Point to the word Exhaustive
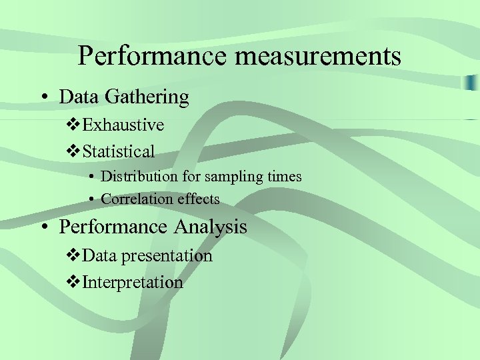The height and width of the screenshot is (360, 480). (124, 125)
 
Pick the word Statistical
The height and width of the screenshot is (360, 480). (119, 151)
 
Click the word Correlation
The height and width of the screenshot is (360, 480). (137, 199)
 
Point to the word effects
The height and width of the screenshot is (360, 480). (198, 199)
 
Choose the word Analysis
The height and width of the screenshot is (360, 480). (211, 227)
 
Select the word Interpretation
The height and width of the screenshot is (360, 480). (133, 283)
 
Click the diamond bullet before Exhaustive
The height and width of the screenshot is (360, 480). (75, 125)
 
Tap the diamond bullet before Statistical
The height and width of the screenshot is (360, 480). (75, 151)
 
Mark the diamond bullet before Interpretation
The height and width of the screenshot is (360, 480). (75, 283)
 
